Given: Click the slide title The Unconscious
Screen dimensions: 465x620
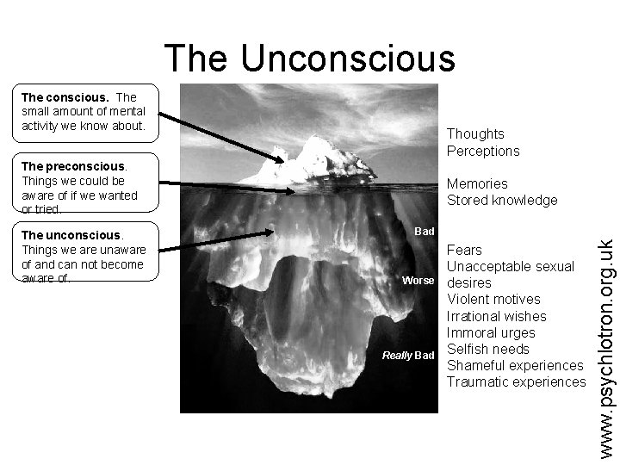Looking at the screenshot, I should pyautogui.click(x=309, y=58).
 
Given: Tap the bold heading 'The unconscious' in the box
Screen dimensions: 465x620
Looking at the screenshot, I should pyautogui.click(x=72, y=235).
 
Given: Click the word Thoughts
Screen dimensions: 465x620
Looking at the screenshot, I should pyautogui.click(x=475, y=134).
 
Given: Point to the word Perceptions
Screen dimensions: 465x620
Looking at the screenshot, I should pyautogui.click(x=483, y=151).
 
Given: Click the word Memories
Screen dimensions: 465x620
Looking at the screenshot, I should pyautogui.click(x=477, y=183).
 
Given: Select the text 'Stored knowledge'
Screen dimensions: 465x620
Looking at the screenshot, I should pyautogui.click(x=501, y=200).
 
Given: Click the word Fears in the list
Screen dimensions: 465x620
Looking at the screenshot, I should pyautogui.click(x=465, y=250).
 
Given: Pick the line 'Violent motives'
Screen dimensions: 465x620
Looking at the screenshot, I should pyautogui.click(x=493, y=299).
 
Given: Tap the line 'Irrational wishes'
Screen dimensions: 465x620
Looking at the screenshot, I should pyautogui.click(x=496, y=316).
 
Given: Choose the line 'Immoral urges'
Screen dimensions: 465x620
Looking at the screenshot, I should pyautogui.click(x=491, y=332).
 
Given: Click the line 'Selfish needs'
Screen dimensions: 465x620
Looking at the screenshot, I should pyautogui.click(x=488, y=349).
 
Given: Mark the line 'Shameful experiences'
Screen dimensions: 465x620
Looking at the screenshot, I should pyautogui.click(x=515, y=365).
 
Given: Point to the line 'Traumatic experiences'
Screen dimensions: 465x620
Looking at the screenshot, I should pyautogui.click(x=517, y=381).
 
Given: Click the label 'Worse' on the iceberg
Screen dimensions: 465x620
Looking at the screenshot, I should pyautogui.click(x=418, y=281).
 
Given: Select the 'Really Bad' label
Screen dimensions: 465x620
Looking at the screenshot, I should pyautogui.click(x=409, y=356).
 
